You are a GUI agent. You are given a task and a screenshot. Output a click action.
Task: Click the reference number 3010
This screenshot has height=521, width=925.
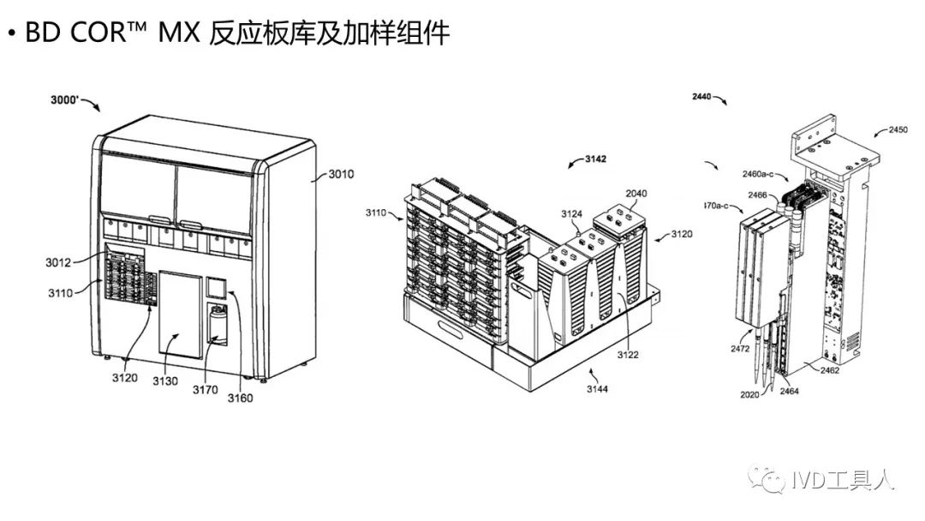click(x=341, y=176)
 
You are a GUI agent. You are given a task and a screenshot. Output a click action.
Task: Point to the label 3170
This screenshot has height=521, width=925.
click(x=205, y=390)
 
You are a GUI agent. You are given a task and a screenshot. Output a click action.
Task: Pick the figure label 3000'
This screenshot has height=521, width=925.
click(x=67, y=100)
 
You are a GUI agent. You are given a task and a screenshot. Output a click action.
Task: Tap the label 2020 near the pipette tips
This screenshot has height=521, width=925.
click(x=747, y=395)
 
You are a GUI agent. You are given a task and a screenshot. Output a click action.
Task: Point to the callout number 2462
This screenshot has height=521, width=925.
click(x=830, y=370)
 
